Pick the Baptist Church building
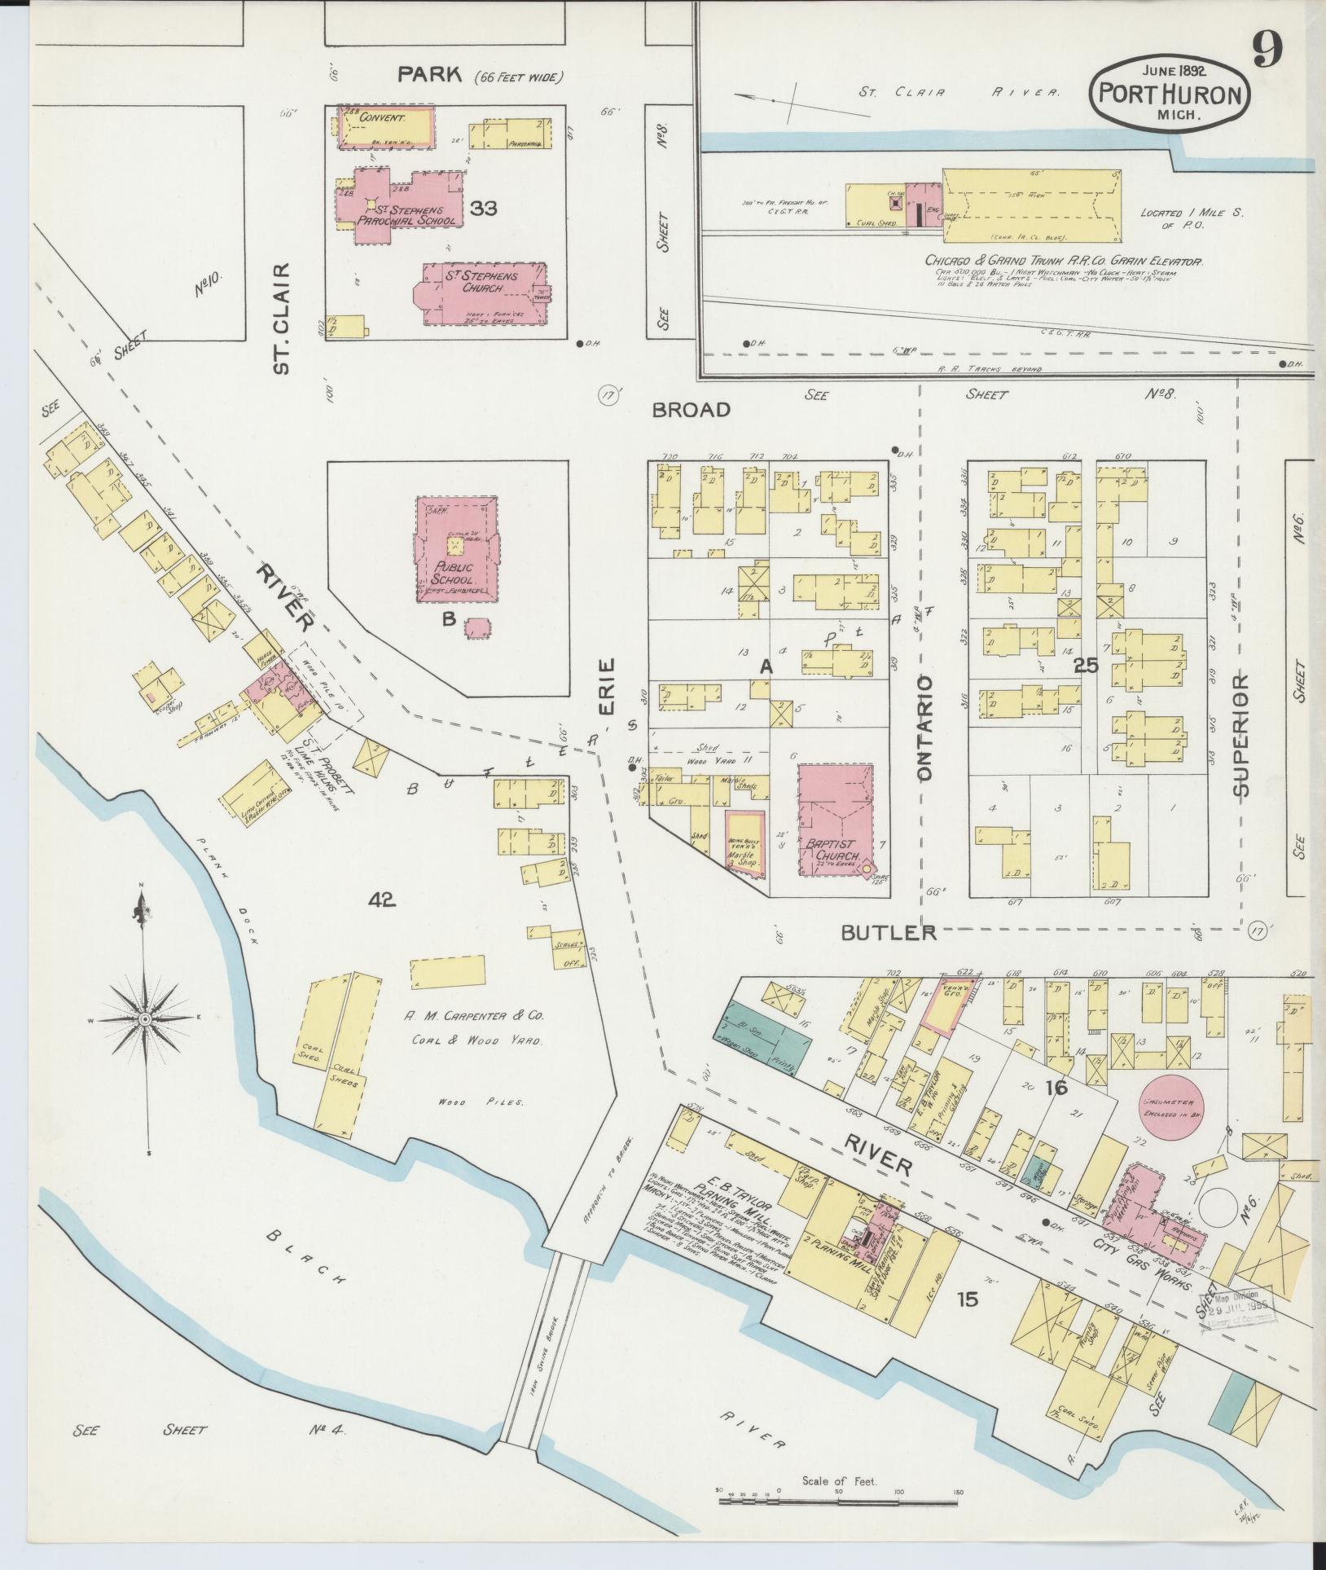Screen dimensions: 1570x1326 pyautogui.click(x=835, y=820)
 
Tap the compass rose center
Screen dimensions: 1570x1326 pyautogui.click(x=146, y=1018)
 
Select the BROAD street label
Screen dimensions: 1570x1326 pyautogui.click(x=691, y=409)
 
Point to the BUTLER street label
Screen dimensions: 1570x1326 pyautogui.click(x=889, y=932)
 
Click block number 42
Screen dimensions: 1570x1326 pyautogui.click(x=381, y=899)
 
